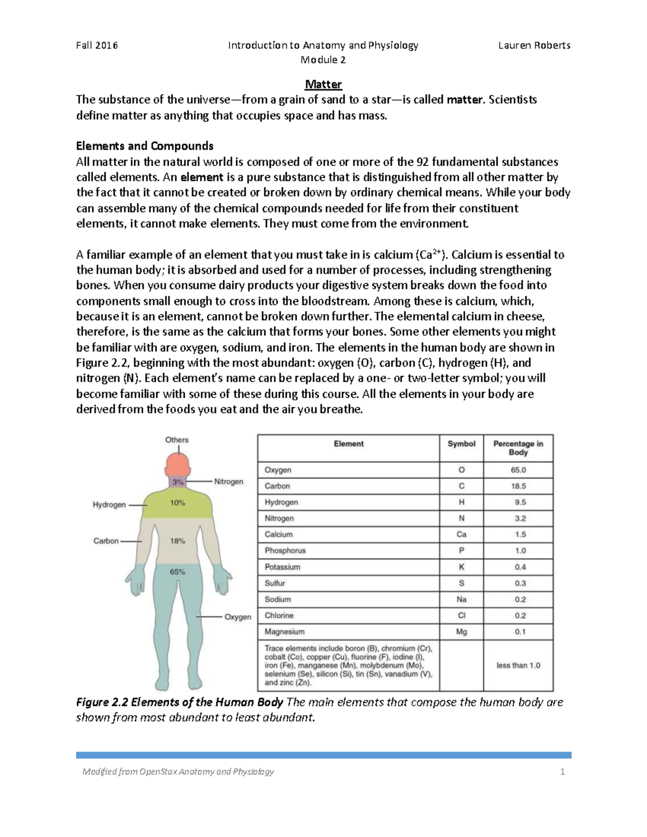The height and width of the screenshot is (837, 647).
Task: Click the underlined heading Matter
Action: [x=323, y=85]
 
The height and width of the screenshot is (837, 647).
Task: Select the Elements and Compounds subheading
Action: [x=144, y=146]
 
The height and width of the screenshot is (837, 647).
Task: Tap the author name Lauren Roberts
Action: [x=534, y=45]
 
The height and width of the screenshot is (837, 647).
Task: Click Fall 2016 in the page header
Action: [x=97, y=45]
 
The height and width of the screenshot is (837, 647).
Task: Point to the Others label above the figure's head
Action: [x=177, y=440]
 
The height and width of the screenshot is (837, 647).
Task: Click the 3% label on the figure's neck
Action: [x=178, y=481]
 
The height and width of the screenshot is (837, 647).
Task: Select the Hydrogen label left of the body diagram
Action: [x=109, y=505]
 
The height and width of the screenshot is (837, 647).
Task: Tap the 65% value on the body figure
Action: [x=178, y=572]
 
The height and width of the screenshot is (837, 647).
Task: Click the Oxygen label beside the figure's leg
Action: [x=238, y=617]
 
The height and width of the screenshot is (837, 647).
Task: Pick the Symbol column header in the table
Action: [x=462, y=444]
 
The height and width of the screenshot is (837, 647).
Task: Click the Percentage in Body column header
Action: [x=518, y=448]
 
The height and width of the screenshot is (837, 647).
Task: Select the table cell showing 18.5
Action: [x=518, y=486]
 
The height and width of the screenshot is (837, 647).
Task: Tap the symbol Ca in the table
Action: [x=462, y=535]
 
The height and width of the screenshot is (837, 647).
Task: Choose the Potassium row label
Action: [x=283, y=567]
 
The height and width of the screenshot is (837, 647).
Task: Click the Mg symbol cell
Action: [x=462, y=632]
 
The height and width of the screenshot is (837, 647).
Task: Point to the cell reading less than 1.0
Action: [x=518, y=666]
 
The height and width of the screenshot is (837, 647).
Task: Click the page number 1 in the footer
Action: [x=562, y=772]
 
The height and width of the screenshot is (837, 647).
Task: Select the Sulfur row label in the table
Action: [x=275, y=583]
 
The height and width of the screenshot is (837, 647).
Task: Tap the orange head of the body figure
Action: [x=177, y=464]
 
